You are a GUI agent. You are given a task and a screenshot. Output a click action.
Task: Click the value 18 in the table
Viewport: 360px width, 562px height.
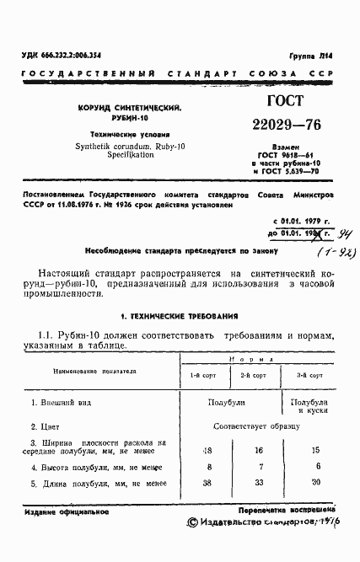207,451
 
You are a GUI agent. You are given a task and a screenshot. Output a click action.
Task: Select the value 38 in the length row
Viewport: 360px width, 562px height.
207,484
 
